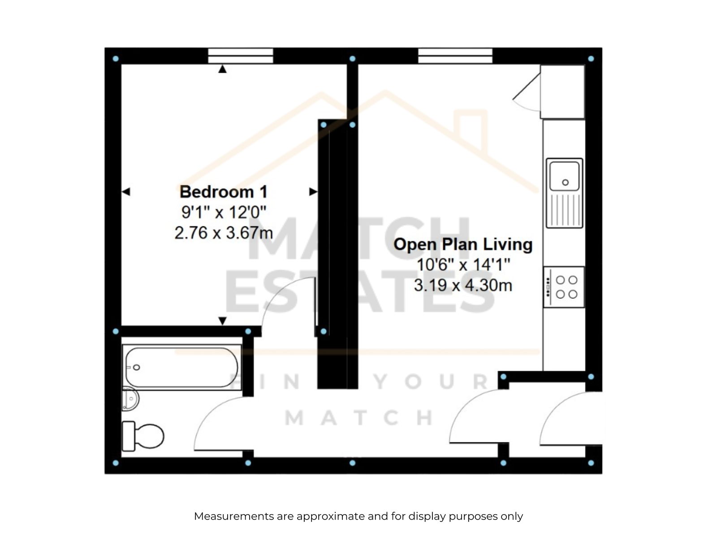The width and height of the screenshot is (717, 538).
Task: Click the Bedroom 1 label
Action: coord(224,192)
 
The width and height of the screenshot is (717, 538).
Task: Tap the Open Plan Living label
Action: coord(463,244)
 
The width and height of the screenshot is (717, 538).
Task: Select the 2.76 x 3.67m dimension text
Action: coord(224,233)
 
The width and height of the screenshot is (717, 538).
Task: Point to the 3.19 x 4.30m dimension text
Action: coord(463,285)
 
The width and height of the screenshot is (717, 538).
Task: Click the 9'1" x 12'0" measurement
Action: coord(224,213)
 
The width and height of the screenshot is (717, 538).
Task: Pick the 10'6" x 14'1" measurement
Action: coord(463,265)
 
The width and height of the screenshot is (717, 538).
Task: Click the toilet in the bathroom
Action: coord(143,436)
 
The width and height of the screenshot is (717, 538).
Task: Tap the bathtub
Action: coord(182,367)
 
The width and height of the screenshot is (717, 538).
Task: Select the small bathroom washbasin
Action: coord(130,399)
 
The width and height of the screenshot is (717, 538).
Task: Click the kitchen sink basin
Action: coord(564,176)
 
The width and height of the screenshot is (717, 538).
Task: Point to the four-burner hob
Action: coord(564,287)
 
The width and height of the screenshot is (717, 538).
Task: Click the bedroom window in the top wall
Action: coord(240,56)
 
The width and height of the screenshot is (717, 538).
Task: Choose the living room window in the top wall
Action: coord(455,56)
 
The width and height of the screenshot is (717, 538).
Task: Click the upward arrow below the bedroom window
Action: coord(222,69)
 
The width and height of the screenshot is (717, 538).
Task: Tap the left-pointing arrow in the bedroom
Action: coord(126,192)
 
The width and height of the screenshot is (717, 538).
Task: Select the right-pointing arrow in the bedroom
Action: coord(313,192)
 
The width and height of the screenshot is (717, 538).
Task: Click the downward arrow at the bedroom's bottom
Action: coord(222,321)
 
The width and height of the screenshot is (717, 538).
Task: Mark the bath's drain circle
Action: coord(137,368)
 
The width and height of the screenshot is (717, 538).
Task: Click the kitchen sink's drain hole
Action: coord(565,182)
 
